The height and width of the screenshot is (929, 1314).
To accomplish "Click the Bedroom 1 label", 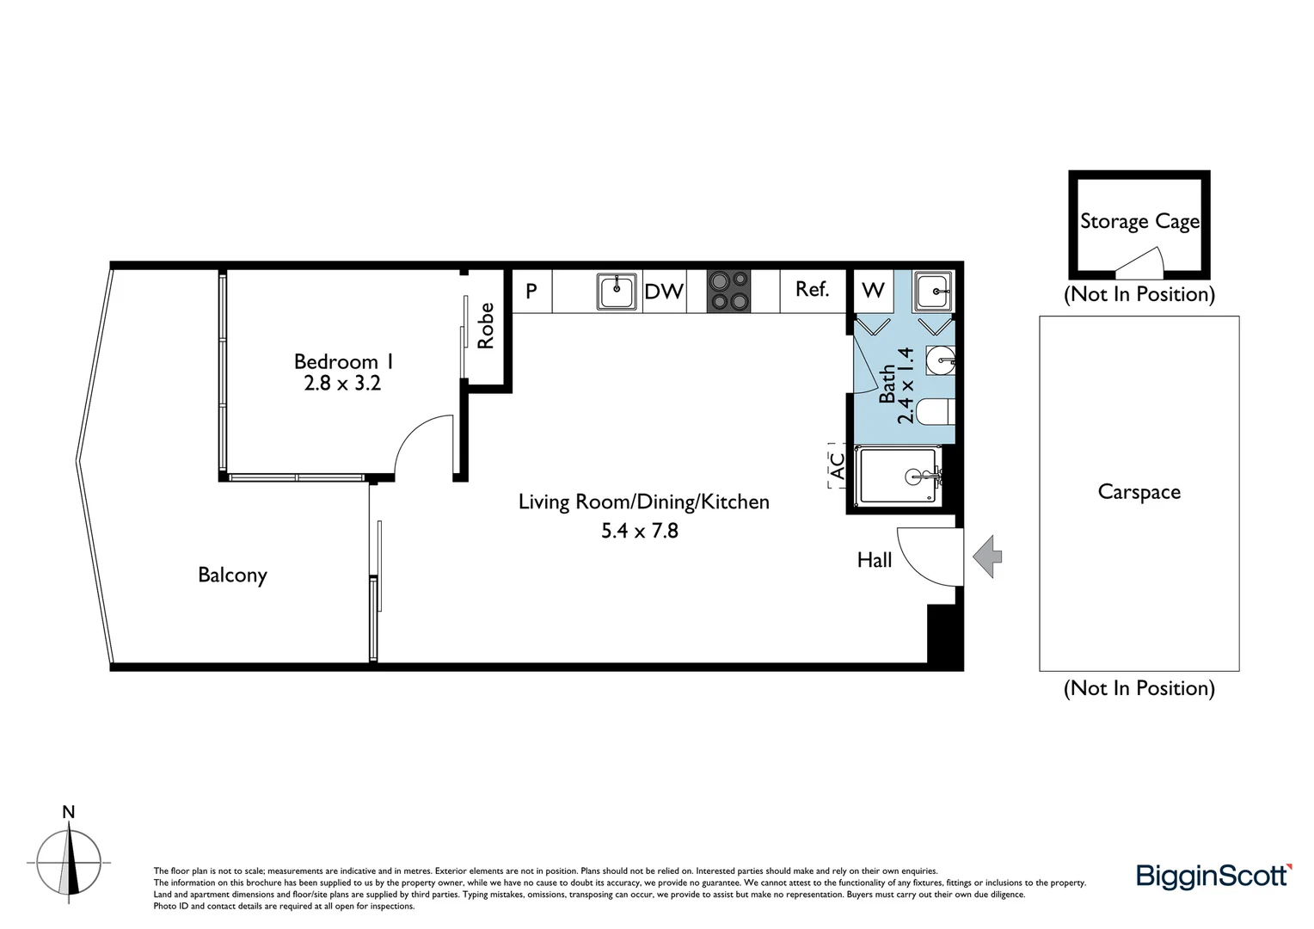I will click(343, 362).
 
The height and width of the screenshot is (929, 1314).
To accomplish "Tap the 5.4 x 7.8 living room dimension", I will click(639, 531).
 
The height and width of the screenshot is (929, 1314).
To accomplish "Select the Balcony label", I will click(232, 575).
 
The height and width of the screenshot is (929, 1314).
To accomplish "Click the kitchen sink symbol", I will click(617, 292).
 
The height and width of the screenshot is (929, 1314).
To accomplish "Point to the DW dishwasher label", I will click(664, 292).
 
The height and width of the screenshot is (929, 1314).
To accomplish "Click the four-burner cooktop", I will click(728, 291).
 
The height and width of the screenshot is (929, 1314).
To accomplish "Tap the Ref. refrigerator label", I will click(812, 290).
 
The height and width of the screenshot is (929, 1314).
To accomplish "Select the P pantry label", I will click(531, 292).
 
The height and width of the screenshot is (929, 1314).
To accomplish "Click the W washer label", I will click(873, 291).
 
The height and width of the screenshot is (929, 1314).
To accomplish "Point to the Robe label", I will click(486, 326).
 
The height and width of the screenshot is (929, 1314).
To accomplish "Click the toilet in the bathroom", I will click(935, 412).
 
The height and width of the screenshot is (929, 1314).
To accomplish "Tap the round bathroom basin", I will click(940, 360).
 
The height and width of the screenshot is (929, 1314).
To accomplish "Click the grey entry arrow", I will click(988, 557).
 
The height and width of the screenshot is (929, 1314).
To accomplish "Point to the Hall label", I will click(874, 560).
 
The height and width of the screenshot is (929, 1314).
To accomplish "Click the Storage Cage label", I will click(1139, 222).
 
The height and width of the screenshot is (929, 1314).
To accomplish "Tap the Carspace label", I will click(1139, 492).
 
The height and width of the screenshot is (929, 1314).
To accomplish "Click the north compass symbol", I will click(69, 860).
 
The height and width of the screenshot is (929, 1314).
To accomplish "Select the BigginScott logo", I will click(1213, 877).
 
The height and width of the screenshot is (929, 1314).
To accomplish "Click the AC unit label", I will click(836, 466).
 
